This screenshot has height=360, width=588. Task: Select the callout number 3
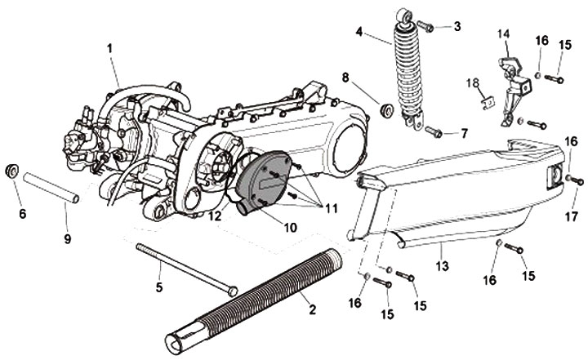click(457, 26)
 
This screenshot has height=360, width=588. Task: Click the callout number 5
click(160, 287)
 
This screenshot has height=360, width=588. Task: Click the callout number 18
click(473, 82)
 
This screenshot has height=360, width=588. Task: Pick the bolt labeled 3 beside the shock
click(427, 26)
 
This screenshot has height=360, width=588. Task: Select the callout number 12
click(215, 217)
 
